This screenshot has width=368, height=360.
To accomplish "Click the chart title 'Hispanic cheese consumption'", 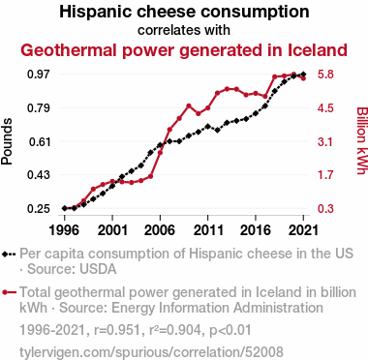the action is point(184,12).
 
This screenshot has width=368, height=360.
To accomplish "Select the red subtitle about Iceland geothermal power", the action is point(184,50).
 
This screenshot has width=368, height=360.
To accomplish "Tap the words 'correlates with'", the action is point(184,30).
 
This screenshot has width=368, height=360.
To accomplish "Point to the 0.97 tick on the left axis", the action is point(39,75).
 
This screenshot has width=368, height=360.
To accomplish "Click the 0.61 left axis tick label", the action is point(40,141).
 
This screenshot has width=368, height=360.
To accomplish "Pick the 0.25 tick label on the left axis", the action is point(39,209).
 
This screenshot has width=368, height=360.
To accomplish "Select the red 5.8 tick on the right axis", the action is point(325,75).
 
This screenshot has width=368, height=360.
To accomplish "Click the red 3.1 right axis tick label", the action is point(325,141).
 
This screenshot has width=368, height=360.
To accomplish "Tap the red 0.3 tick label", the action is point(325,209).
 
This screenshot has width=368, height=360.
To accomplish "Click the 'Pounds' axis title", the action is point(7,141).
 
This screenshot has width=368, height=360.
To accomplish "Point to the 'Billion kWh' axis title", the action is point(362,140).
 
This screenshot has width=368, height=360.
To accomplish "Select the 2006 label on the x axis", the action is point(160,230).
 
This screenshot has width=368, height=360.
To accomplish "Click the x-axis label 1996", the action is point(64,230).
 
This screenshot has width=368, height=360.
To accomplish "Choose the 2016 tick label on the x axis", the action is point(256,230).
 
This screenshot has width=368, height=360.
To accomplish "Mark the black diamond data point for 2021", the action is point(303,75).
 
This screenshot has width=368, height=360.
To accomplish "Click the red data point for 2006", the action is point(160,152).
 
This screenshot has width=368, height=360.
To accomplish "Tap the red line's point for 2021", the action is point(303,78).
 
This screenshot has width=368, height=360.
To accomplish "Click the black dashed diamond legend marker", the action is point(9,255).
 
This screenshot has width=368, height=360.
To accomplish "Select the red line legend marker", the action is point(9,292).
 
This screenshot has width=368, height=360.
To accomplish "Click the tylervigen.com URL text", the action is point(151,352).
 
